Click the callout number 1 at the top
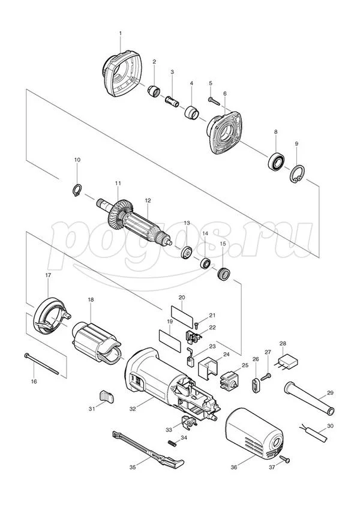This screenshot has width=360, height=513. pyautogui.click(x=120, y=33)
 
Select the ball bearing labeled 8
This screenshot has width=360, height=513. pyautogui.click(x=275, y=160)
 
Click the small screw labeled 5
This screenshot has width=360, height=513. pyautogui.click(x=214, y=101)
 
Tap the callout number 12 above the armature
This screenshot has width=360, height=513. pyautogui.click(x=148, y=200)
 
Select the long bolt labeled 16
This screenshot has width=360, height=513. pyautogui.click(x=41, y=364)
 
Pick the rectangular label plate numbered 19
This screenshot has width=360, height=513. pyautogui.click(x=170, y=341)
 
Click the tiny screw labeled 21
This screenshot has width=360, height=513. pyautogui.click(x=196, y=325)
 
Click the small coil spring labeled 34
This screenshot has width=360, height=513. pyautogui.click(x=172, y=443)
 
